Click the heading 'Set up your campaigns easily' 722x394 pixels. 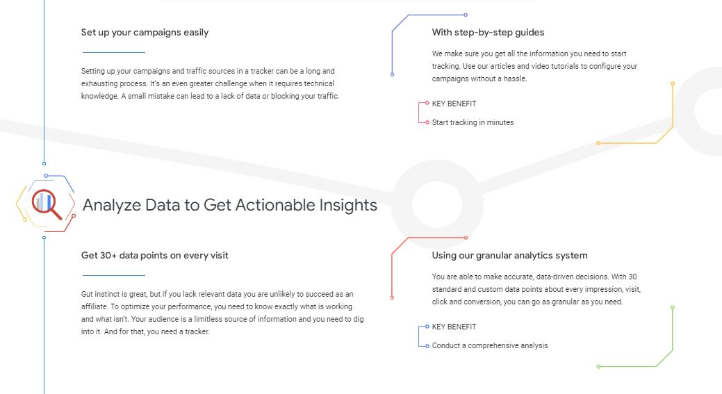[x=145, y=32]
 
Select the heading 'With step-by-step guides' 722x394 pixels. [x=488, y=32]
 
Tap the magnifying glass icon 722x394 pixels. [x=47, y=204]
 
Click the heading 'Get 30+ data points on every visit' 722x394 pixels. [x=155, y=256]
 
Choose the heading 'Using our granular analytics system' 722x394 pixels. [x=510, y=256]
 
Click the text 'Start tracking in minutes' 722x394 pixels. [x=473, y=122]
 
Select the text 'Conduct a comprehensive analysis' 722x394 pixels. [x=490, y=345]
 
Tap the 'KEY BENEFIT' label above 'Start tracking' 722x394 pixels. [x=454, y=104]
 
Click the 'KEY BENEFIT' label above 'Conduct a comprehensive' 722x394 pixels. [x=454, y=327]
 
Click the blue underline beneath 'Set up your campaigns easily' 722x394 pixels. [x=114, y=53]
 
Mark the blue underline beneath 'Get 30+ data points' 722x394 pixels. [x=114, y=276]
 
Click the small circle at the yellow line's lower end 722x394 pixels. [x=598, y=143]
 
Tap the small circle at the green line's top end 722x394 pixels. [x=672, y=307]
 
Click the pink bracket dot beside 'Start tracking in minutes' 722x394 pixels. [x=427, y=122]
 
